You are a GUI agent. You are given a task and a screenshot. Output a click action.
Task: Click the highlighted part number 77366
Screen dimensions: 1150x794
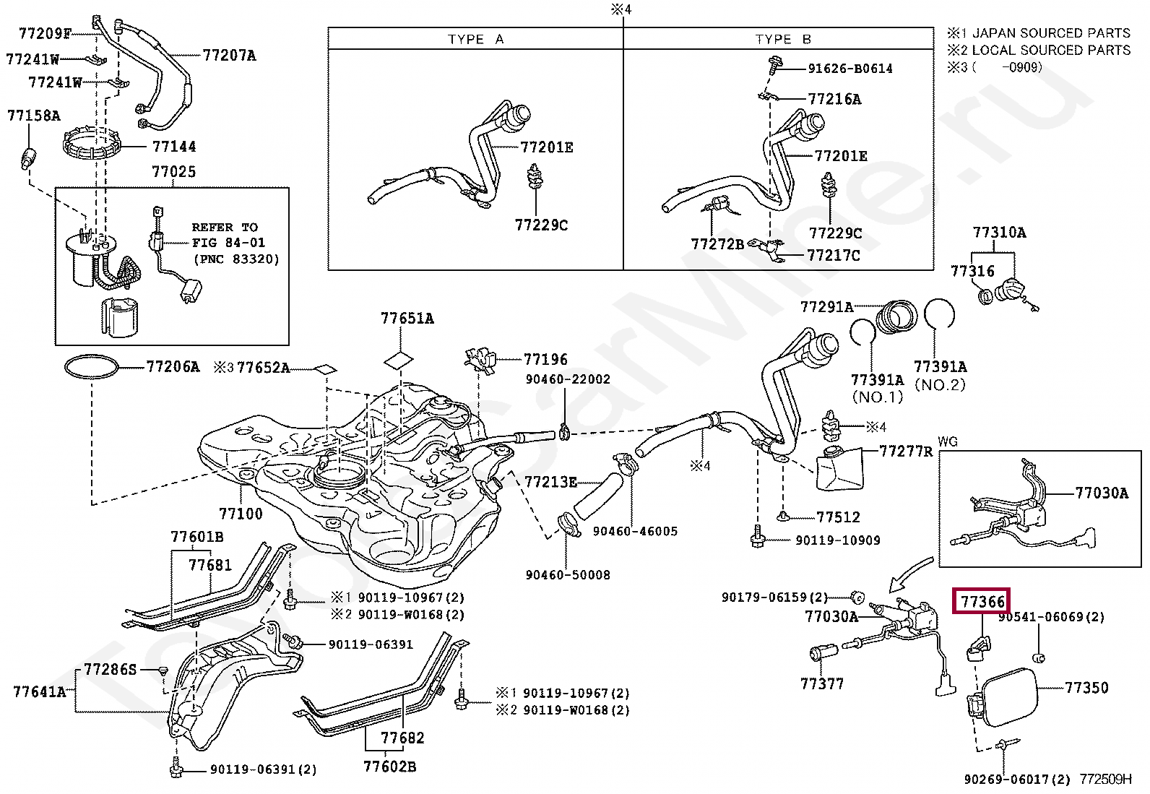click(982, 601)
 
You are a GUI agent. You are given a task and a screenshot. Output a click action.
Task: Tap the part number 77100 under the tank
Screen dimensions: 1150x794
click(241, 513)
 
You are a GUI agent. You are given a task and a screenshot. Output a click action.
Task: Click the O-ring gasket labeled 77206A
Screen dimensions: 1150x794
click(92, 366)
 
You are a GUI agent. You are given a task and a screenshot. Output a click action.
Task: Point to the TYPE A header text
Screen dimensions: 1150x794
click(475, 40)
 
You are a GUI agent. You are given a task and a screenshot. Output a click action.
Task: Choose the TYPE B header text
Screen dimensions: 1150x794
click(783, 40)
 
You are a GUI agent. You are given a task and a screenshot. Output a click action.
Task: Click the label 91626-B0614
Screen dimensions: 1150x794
click(850, 69)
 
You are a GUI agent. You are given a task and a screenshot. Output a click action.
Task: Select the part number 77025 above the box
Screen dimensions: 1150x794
click(173, 171)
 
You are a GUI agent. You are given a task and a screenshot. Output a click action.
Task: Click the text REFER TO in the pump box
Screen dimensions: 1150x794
click(225, 227)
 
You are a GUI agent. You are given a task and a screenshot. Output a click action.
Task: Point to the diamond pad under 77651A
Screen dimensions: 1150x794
click(399, 361)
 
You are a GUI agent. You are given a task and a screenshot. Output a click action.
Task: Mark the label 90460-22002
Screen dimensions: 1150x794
click(568, 379)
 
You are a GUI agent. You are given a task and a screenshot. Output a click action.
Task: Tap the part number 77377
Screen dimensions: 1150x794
click(822, 683)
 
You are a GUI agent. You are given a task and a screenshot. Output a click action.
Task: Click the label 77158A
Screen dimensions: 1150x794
click(34, 116)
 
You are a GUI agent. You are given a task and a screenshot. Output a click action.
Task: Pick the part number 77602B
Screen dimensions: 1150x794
click(389, 767)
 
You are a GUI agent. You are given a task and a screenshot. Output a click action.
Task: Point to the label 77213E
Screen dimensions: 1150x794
click(550, 482)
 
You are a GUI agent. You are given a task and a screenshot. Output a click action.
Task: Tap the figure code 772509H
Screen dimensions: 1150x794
click(1105, 779)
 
